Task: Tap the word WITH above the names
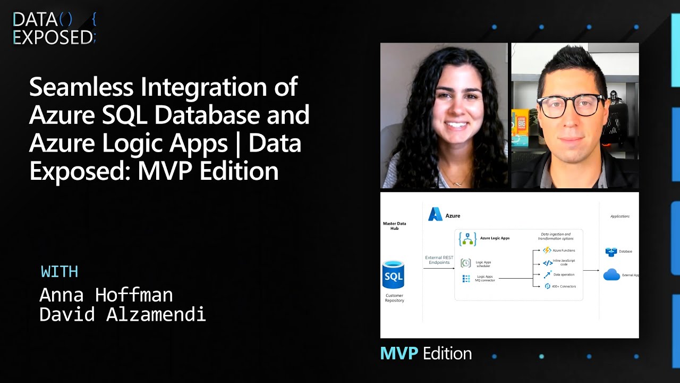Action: click(x=59, y=272)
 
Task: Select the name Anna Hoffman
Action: click(x=106, y=295)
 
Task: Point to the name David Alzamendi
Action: click(x=122, y=314)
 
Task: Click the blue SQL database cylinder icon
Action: click(x=394, y=274)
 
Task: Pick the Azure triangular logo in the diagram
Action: click(x=436, y=214)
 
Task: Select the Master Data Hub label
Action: click(x=394, y=226)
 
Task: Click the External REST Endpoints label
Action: click(x=439, y=260)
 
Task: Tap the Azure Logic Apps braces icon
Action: click(x=467, y=239)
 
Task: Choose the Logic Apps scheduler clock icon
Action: click(x=466, y=263)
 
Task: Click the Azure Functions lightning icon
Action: click(x=547, y=250)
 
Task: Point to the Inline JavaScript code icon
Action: click(x=548, y=263)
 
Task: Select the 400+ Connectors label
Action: click(x=564, y=286)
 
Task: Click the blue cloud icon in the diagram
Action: click(x=612, y=274)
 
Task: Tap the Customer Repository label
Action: click(x=394, y=298)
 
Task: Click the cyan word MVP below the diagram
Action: click(x=399, y=353)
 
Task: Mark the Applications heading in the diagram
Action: click(x=620, y=217)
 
